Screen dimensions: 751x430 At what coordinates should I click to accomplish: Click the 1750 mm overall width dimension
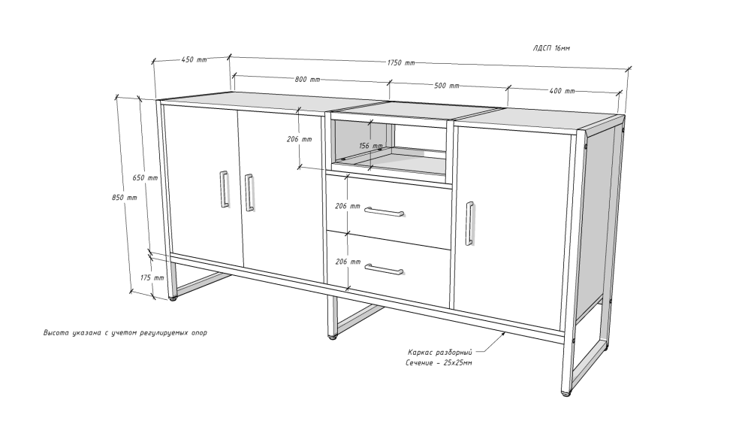[401, 63]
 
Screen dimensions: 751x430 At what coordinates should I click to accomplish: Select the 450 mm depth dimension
[194, 59]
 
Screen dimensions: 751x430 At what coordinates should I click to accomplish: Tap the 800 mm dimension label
[307, 79]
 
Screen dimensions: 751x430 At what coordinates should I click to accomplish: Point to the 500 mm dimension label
[446, 86]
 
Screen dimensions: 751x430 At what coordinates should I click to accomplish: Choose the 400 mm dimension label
[562, 91]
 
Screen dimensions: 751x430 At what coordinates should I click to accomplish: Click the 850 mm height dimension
[124, 197]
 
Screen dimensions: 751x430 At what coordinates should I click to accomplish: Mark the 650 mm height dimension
[145, 177]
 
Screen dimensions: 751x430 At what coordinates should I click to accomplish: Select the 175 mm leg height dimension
[152, 277]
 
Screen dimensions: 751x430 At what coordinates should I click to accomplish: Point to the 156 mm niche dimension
[371, 145]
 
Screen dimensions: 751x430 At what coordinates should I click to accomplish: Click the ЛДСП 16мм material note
[550, 48]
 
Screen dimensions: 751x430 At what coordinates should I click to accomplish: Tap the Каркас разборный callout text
[440, 353]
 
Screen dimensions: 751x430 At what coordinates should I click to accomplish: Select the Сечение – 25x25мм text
[439, 363]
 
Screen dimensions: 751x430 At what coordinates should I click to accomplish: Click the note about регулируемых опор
[125, 332]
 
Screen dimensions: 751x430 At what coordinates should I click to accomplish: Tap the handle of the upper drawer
[384, 212]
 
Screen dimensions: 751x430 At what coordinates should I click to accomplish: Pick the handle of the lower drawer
[383, 269]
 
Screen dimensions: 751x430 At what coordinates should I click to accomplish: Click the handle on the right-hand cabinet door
[470, 223]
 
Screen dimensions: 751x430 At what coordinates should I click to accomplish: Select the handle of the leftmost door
[224, 189]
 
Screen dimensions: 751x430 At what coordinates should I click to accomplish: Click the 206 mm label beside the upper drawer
[347, 206]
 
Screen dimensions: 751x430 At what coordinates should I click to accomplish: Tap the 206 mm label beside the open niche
[299, 139]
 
